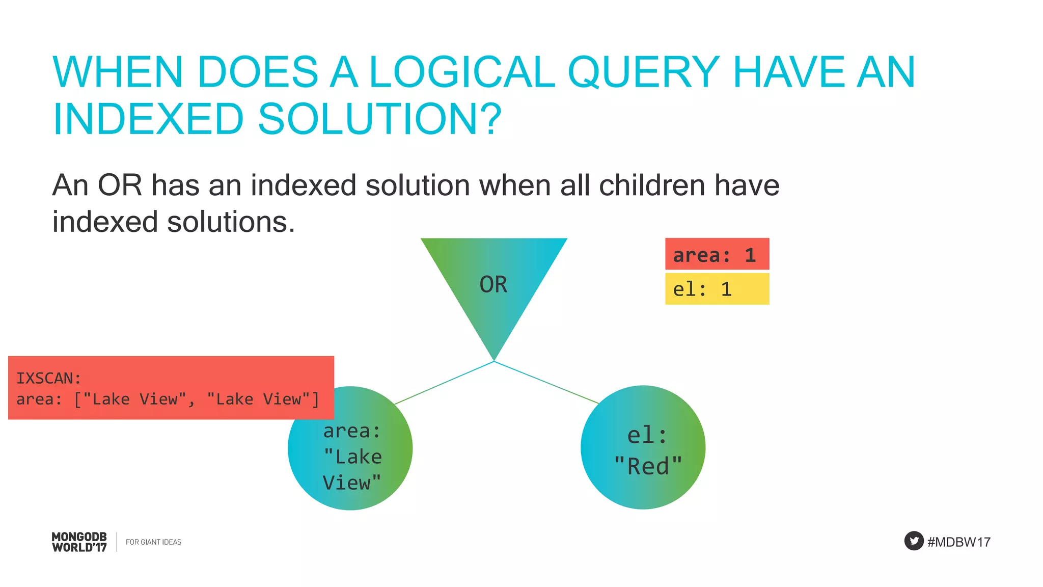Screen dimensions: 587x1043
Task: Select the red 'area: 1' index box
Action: (717, 254)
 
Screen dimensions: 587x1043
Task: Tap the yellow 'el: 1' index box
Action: (717, 289)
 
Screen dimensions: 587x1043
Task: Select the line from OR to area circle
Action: (444, 383)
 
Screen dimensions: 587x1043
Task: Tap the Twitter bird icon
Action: (914, 541)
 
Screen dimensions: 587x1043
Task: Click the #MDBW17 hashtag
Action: (959, 542)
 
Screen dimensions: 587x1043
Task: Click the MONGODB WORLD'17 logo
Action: (79, 542)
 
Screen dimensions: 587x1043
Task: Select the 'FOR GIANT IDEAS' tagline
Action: (153, 542)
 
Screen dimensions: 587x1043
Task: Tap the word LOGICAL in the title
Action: (461, 72)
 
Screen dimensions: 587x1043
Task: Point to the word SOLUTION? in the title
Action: (379, 119)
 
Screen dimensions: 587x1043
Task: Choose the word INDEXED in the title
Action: (148, 119)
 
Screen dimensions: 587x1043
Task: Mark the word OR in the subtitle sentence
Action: (120, 185)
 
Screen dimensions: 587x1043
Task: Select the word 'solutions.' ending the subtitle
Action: (231, 222)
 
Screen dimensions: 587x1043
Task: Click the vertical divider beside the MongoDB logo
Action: (117, 542)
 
